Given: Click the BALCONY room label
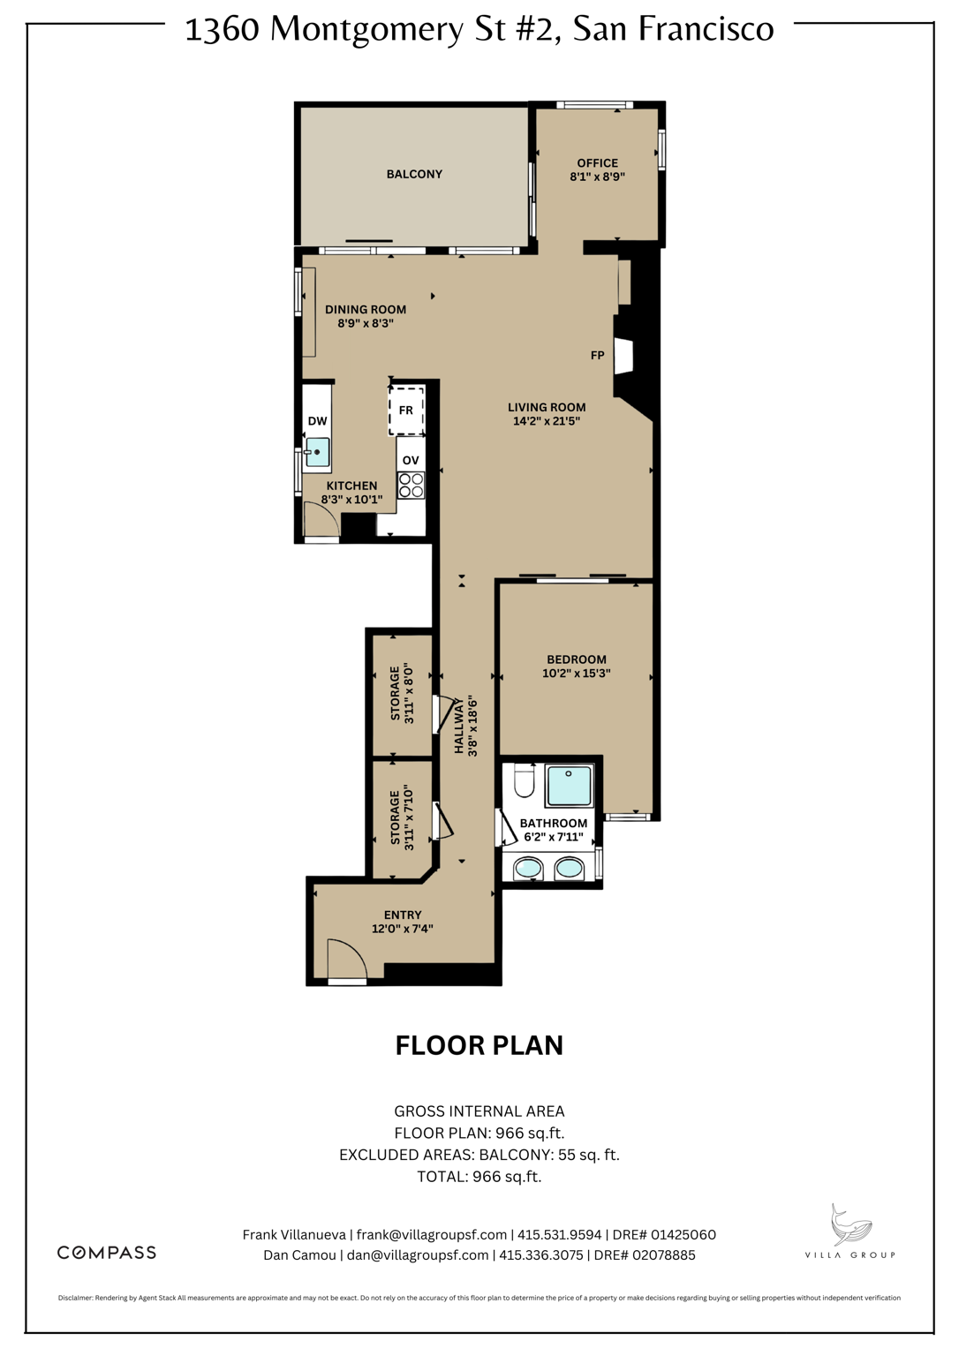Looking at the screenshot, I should tap(414, 174).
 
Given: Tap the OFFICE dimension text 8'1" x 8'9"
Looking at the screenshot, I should tap(597, 177).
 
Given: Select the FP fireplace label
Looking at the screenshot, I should tap(598, 355).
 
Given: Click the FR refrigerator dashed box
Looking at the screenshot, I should tap(406, 411).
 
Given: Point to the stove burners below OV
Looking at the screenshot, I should tap(411, 485).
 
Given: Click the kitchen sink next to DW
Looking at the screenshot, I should tap(317, 452).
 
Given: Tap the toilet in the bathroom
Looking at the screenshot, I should tap(525, 780).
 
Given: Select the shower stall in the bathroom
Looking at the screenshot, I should tap(569, 785).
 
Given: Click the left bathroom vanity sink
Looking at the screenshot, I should tap(528, 869).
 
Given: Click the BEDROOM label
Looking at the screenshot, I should tap(577, 659).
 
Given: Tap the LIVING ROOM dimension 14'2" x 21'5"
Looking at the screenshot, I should tap(547, 421).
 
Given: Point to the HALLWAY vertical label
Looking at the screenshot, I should tap(459, 727).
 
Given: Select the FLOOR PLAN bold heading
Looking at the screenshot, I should tap(479, 1045).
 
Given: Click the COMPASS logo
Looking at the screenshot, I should tap(107, 1253).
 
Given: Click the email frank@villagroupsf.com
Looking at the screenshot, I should tap(432, 1235).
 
